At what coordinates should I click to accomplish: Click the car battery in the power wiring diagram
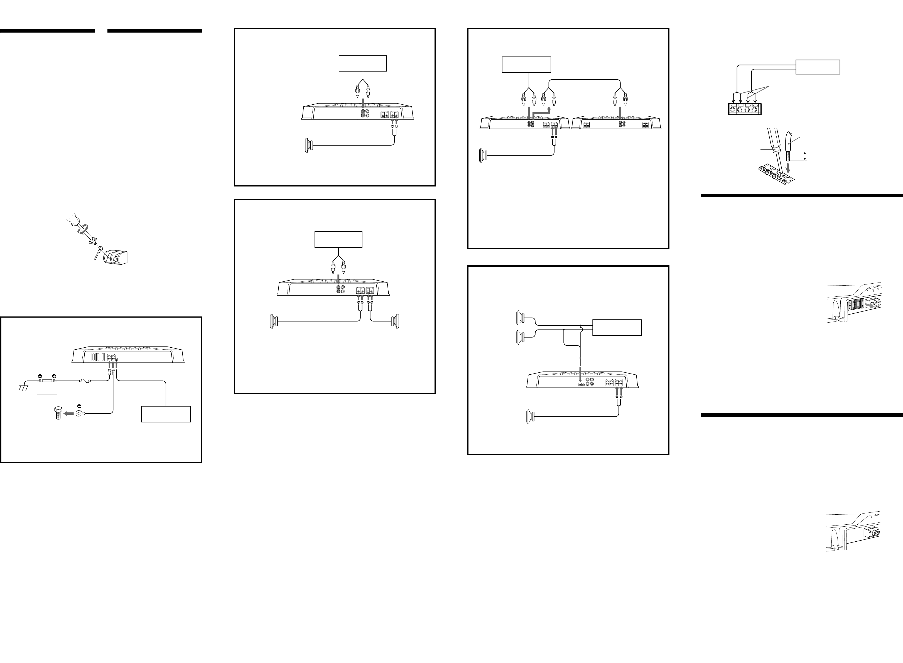(47, 388)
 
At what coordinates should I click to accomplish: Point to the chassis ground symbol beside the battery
(24, 387)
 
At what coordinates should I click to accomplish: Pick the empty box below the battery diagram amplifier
(166, 414)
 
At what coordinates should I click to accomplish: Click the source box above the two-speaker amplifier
(338, 240)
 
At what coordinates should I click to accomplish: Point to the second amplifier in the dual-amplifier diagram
(616, 123)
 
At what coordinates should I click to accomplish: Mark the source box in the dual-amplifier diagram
(526, 65)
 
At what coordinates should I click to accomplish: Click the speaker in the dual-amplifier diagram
(483, 155)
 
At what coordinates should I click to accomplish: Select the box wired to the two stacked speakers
(617, 328)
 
